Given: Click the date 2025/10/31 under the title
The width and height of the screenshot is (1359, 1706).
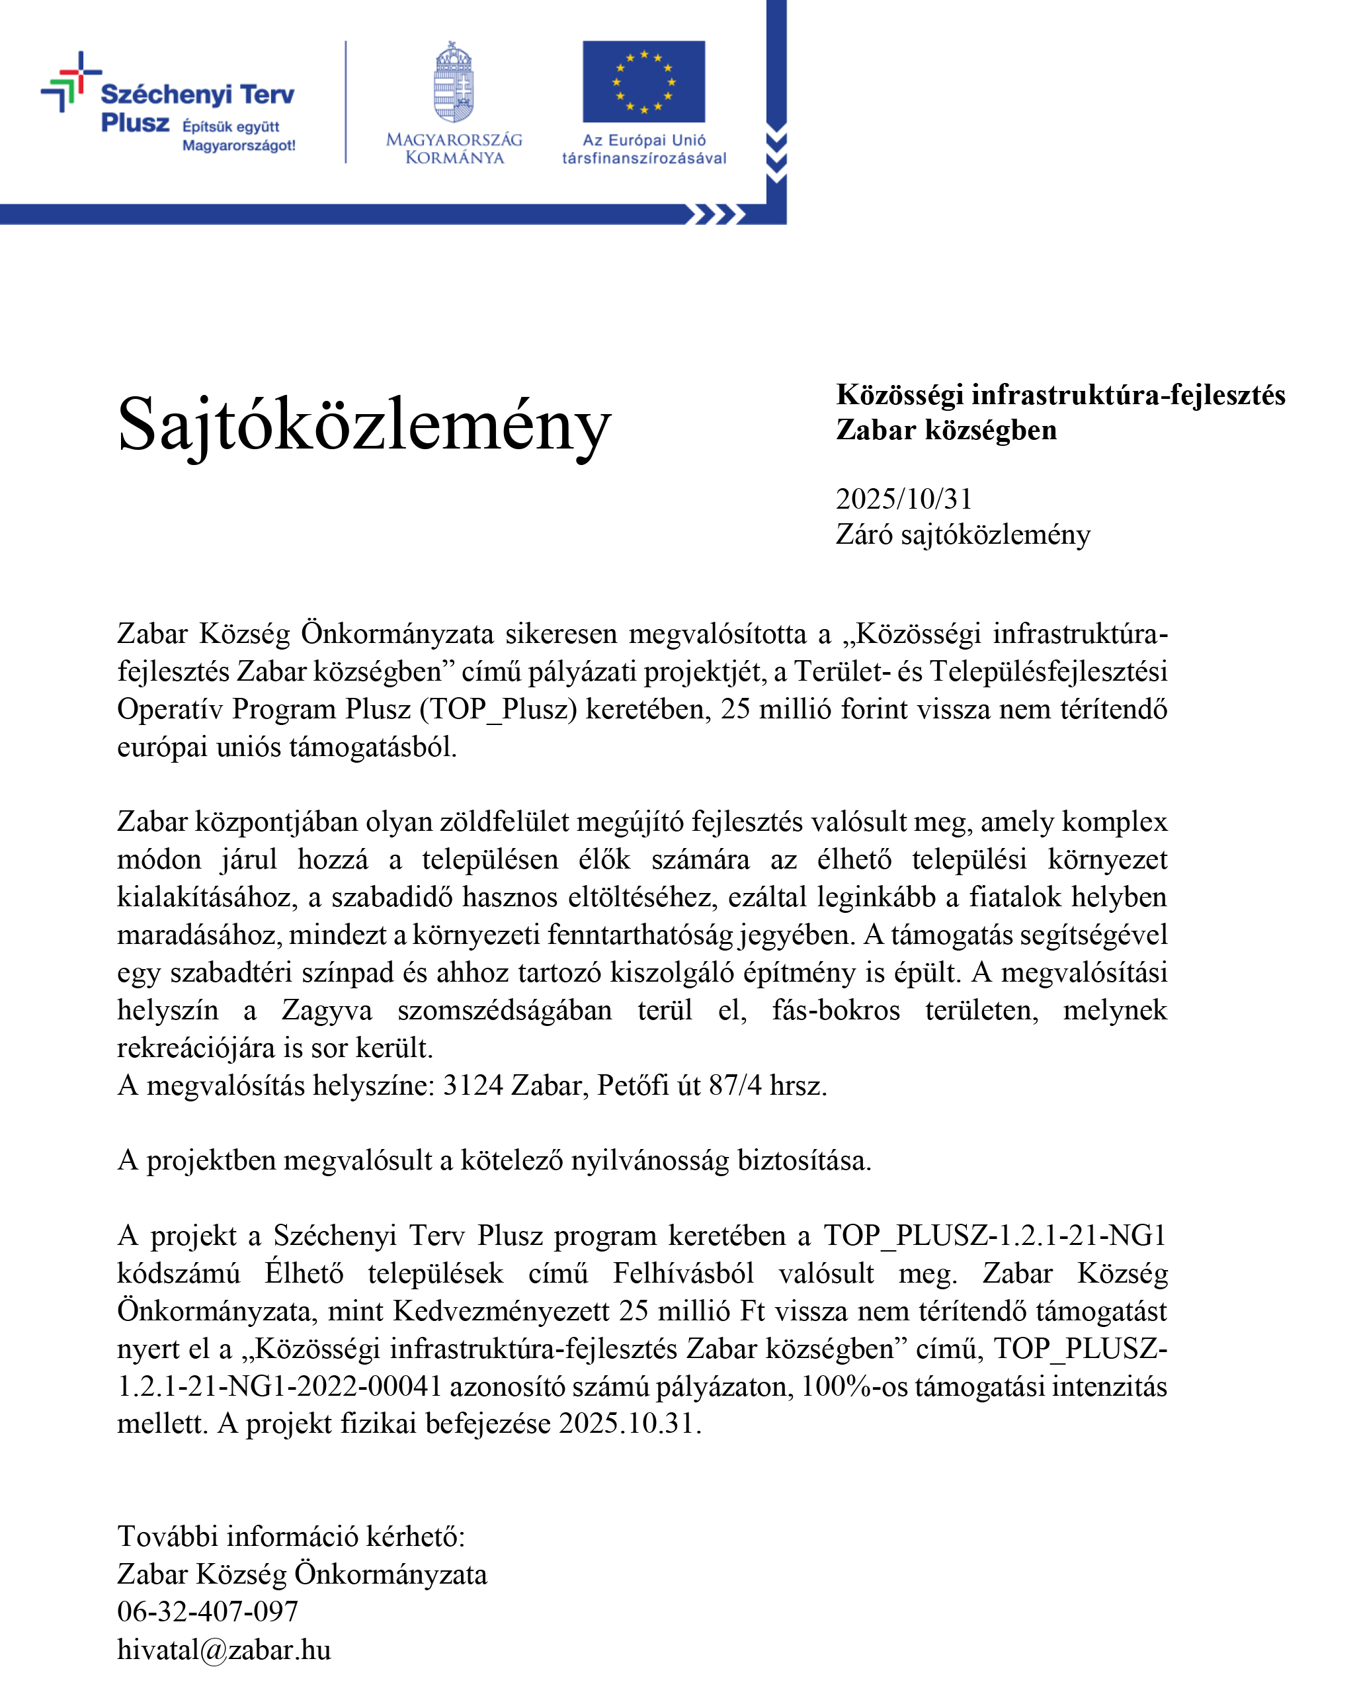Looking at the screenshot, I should click(x=903, y=499).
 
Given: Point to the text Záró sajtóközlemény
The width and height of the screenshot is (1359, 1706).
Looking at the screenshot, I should click(x=963, y=535).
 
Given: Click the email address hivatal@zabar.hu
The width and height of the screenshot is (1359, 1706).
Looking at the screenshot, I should click(x=224, y=1649).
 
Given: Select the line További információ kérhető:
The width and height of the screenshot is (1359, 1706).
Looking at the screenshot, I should click(x=291, y=1536).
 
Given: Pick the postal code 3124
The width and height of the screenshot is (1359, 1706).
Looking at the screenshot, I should click(x=472, y=1085).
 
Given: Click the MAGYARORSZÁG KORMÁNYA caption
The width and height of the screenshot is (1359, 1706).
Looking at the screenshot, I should click(x=454, y=149).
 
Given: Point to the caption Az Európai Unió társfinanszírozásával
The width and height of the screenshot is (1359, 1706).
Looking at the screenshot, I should click(x=644, y=149).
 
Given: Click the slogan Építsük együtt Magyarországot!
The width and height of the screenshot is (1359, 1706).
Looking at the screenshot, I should click(x=238, y=136).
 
